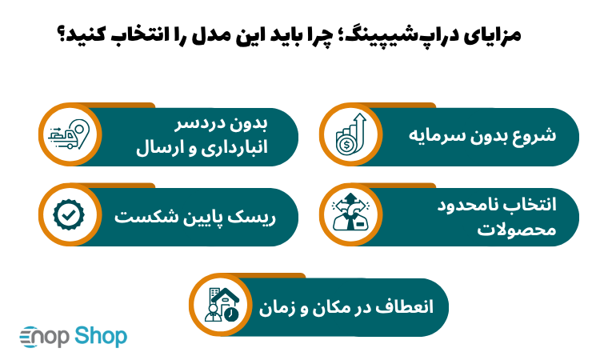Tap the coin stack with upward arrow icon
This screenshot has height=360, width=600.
tap(350, 134)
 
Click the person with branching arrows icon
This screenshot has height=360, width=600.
tap(350, 216)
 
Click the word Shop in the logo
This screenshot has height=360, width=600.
tap(102, 336)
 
